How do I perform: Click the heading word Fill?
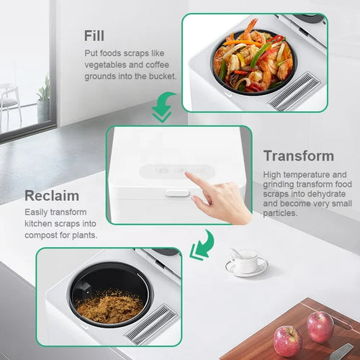[94, 36]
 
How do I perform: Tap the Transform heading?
[299, 156]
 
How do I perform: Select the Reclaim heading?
[52, 196]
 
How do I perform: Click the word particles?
[280, 213]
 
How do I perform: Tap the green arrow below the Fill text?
[163, 107]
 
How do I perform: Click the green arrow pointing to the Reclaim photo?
[202, 245]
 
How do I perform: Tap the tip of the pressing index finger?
[187, 174]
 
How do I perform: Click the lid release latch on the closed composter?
[177, 193]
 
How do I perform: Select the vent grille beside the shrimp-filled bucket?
[294, 91]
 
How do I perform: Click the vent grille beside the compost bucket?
[151, 324]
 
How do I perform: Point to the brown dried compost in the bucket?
[109, 307]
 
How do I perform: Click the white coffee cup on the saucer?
[245, 261]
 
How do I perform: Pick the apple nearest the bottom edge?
[288, 341]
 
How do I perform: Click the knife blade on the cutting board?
[342, 352]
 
